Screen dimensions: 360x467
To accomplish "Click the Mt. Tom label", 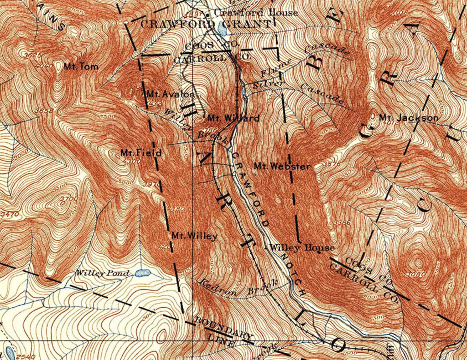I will tap(81, 67).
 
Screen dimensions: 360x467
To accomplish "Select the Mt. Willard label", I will tap(233, 118).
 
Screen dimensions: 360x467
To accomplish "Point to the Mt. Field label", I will tap(141, 153).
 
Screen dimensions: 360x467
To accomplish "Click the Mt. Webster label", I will tap(282, 166).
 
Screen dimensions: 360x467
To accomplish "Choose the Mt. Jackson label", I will tap(408, 118).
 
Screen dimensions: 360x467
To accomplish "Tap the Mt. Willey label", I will tap(194, 236).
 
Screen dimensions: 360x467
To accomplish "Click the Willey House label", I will tap(302, 248).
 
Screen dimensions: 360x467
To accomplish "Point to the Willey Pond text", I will tap(103, 273).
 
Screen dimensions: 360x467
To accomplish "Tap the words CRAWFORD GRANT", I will tap(205, 24).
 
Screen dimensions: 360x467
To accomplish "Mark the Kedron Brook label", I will tap(238, 288).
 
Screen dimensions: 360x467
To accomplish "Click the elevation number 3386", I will tap(343, 223).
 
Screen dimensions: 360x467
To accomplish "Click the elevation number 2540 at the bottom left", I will tap(26, 357).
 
